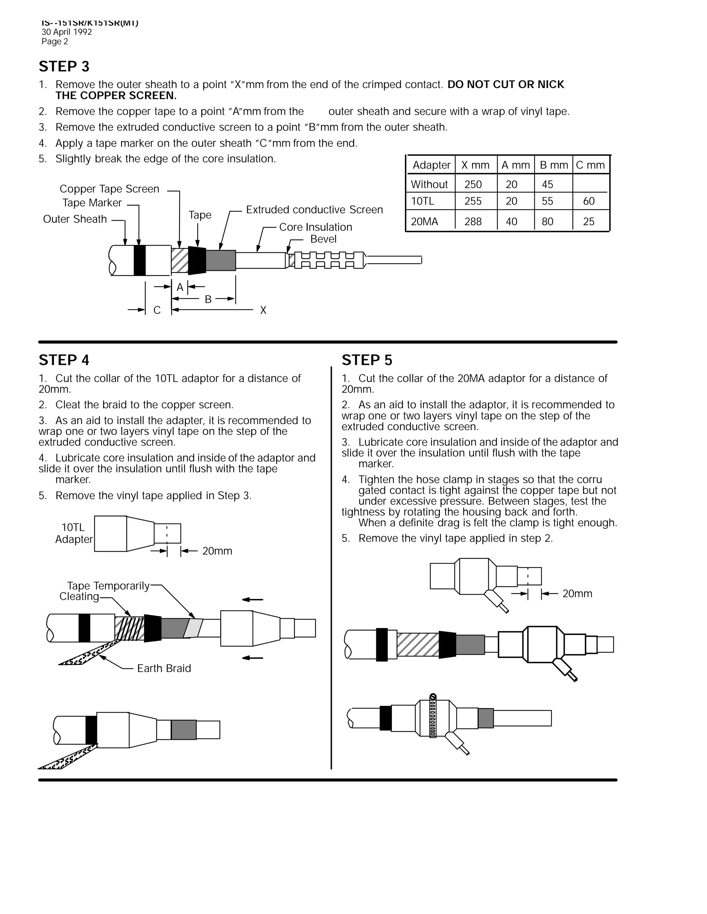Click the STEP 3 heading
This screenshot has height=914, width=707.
[x=64, y=67]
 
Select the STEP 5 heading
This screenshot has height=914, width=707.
[x=367, y=360]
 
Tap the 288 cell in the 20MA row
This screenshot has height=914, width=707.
[x=473, y=221]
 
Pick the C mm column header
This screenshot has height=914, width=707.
[x=590, y=165]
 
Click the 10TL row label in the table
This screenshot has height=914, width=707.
[x=422, y=201]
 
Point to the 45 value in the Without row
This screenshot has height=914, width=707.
[x=547, y=184]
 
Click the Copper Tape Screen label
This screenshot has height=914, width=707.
[x=109, y=189]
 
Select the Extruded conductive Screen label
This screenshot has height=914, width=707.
[x=314, y=210]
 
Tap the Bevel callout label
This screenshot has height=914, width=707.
[x=323, y=239]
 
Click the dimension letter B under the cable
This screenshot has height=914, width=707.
[x=208, y=299]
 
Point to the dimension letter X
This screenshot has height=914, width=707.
[x=263, y=310]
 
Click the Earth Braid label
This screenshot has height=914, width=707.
[x=164, y=668]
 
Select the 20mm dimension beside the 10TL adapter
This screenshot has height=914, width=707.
[x=217, y=551]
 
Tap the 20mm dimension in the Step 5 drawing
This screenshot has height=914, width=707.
[x=577, y=594]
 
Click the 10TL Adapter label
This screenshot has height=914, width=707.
[x=74, y=533]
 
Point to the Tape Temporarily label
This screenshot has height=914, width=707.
[x=108, y=586]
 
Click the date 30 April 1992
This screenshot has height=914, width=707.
[x=67, y=32]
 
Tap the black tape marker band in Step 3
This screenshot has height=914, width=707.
[x=139, y=260]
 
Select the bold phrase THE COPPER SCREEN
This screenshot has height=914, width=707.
[x=116, y=96]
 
